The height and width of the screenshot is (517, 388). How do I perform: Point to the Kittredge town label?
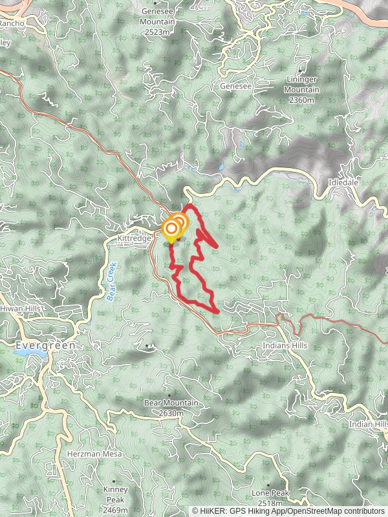pyautogui.click(x=134, y=238)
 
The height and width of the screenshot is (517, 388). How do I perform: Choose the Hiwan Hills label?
pyautogui.click(x=20, y=309)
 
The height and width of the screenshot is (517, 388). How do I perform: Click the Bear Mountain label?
pyautogui.click(x=171, y=403)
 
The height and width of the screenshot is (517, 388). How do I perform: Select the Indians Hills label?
pyautogui.click(x=285, y=346)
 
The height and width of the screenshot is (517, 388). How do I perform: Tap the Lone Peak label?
pyautogui.click(x=270, y=493)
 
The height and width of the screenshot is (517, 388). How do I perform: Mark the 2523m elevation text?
pyautogui.click(x=158, y=30)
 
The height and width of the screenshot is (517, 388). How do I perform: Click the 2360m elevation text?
pyautogui.click(x=301, y=100)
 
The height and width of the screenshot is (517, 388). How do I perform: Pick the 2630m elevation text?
pyautogui.click(x=171, y=412)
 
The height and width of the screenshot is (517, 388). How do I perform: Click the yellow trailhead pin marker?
pyautogui.click(x=172, y=229)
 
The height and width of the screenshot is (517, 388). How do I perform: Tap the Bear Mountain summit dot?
pyautogui.click(x=170, y=395)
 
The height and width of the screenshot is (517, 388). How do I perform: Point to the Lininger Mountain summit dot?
pyautogui.click(x=301, y=70)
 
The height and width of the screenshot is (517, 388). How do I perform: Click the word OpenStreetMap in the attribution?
pyautogui.click(x=310, y=511)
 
